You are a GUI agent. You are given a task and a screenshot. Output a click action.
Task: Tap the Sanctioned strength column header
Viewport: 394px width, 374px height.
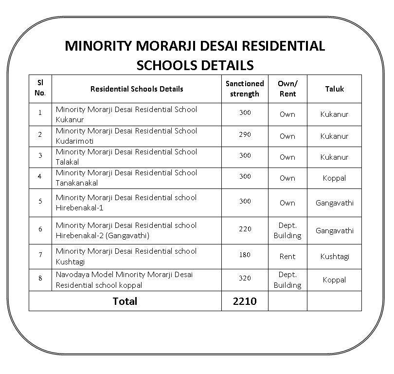click(245, 89)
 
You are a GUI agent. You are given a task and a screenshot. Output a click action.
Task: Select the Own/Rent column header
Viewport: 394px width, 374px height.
click(287, 89)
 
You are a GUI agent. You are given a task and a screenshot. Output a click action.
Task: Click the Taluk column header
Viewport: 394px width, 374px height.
click(334, 89)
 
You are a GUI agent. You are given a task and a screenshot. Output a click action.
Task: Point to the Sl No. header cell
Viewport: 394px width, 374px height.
click(40, 89)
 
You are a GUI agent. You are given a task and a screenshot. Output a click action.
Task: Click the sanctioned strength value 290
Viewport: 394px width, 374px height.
click(245, 134)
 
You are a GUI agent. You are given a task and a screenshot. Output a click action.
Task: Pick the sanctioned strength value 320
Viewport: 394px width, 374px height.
click(245, 278)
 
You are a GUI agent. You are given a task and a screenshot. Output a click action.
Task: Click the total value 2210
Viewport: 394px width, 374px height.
click(245, 301)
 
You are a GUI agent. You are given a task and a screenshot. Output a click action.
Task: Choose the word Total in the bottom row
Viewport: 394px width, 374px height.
click(125, 301)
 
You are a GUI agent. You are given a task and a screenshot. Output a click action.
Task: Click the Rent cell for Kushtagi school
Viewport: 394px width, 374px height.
click(287, 257)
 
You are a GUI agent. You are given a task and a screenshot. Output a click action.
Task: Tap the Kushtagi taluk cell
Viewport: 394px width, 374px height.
click(334, 257)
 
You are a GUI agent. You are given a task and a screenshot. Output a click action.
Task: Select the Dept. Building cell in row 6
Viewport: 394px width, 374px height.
click(287, 231)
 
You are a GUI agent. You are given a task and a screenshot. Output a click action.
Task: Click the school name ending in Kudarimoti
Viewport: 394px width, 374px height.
click(126, 136)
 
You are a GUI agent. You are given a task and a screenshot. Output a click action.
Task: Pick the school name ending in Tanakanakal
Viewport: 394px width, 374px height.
click(126, 178)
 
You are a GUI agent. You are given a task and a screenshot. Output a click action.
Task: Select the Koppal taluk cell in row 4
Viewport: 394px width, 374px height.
click(334, 178)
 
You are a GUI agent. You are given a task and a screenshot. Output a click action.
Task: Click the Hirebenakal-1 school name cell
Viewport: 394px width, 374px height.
click(126, 203)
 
